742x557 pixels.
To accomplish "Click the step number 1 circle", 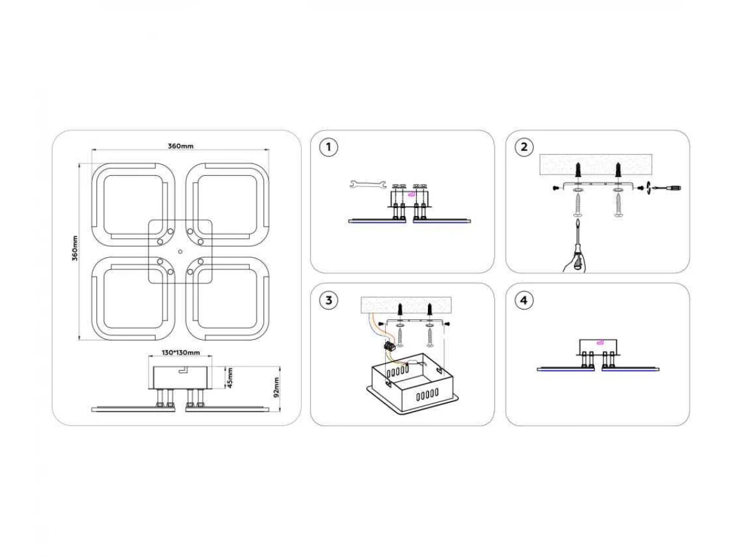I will click(329, 147).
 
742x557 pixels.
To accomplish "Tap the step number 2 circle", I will click(524, 147).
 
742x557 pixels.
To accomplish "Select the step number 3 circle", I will click(329, 301).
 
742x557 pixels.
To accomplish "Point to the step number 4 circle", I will click(524, 301).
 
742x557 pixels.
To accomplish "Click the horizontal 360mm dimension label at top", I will click(181, 146).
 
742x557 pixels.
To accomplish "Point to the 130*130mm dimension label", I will click(181, 353).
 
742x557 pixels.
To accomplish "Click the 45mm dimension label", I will click(230, 377).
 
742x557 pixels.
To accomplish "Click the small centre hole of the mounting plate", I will click(180, 252).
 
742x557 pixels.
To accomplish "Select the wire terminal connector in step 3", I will click(390, 347).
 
